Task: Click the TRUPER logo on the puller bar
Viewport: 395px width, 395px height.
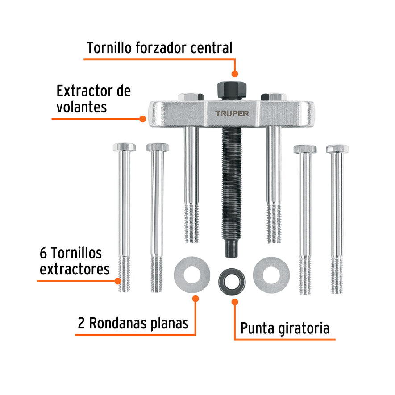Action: coord(232,113)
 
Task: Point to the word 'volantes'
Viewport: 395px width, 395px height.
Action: coord(82,107)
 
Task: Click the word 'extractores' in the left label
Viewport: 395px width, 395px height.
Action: coord(75,269)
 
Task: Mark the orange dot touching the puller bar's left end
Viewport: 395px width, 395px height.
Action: coord(142,119)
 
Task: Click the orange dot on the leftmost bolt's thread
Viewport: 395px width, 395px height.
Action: coord(118,281)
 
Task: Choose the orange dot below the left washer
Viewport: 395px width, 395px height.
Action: coord(195,298)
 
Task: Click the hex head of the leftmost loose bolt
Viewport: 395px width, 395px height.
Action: coord(124,147)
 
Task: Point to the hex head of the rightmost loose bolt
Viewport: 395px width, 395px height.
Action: coord(337,149)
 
